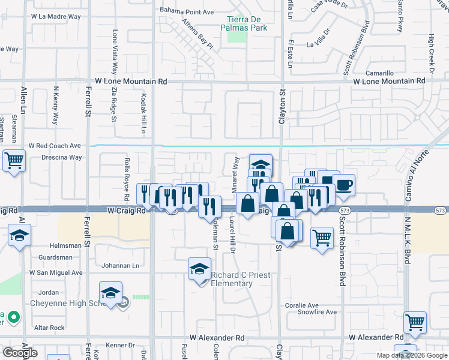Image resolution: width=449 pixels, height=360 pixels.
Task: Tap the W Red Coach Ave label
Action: [x=55, y=146]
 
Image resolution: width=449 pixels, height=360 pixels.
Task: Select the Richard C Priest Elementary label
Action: [x=240, y=279]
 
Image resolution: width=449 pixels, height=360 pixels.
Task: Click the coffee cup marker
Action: [x=343, y=185]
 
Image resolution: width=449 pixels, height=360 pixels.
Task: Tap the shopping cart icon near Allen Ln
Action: [x=14, y=161]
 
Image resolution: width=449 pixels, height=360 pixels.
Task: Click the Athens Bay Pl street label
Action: [x=197, y=37]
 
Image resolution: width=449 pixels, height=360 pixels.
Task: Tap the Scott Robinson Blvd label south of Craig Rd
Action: [x=342, y=251]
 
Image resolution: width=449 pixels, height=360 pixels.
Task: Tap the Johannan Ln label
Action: [x=120, y=265]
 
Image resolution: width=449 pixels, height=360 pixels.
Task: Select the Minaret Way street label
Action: [x=237, y=172]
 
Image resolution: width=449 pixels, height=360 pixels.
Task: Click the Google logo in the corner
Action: [x=20, y=353]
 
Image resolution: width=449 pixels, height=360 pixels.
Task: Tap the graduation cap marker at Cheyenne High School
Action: [x=110, y=293]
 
